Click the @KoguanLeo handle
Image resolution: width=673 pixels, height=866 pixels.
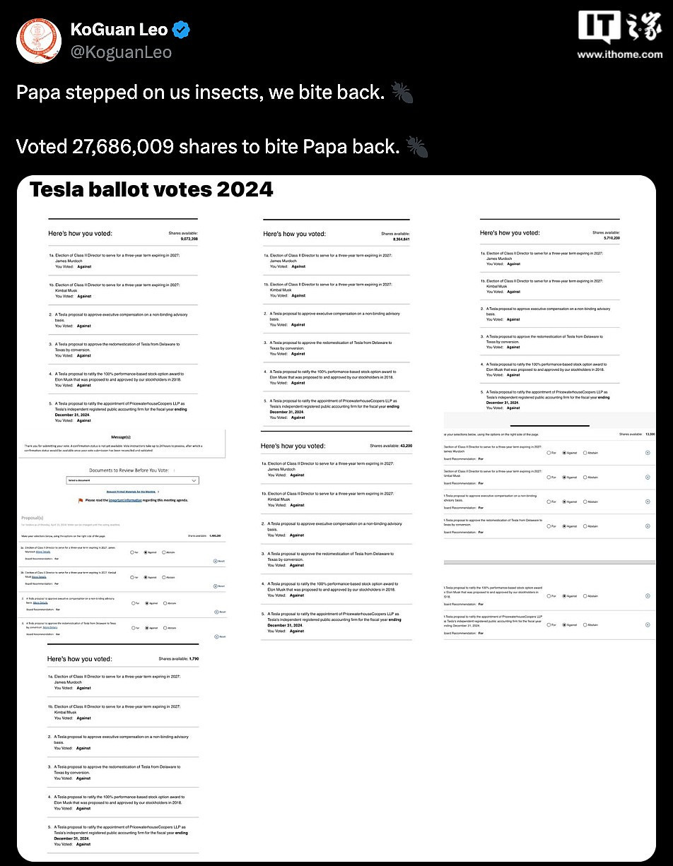point(120,52)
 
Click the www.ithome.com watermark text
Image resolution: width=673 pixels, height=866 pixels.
point(619,54)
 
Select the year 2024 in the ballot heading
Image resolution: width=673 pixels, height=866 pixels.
point(245,190)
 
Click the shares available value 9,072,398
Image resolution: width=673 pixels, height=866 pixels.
point(189,239)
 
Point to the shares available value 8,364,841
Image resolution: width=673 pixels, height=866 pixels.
point(401,239)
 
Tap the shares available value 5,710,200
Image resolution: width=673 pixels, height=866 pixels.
point(611,238)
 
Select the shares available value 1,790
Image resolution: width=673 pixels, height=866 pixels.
point(189,658)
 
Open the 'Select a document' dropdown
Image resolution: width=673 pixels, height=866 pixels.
point(133,480)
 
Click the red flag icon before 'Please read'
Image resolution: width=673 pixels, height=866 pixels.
point(81,500)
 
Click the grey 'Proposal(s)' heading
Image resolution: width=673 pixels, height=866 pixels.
point(32,518)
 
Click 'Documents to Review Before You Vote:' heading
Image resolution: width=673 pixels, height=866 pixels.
point(129,470)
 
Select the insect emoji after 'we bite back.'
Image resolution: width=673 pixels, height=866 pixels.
point(402,93)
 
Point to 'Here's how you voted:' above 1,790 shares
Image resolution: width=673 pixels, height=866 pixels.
point(79,658)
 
